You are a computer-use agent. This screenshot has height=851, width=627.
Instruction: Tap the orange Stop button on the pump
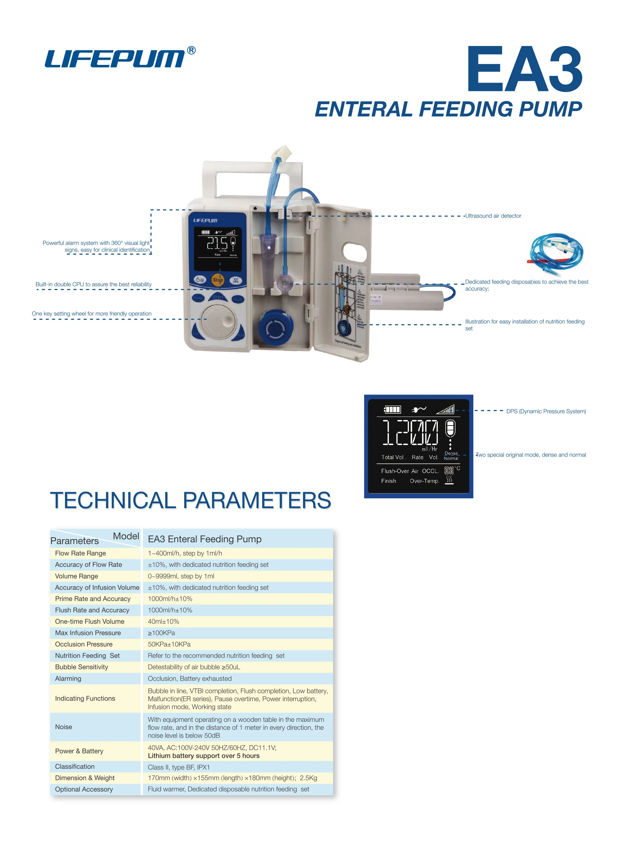(x=217, y=280)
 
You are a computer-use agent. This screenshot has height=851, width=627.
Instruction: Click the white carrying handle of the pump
(x=252, y=171)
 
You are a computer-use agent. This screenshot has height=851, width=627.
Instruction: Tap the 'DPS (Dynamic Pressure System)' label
(x=546, y=411)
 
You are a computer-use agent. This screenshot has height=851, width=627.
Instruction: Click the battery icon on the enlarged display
(x=392, y=409)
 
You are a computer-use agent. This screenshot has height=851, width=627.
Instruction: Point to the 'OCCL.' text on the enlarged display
(x=430, y=471)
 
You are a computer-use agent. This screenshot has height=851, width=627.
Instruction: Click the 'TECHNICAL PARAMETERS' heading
(x=191, y=500)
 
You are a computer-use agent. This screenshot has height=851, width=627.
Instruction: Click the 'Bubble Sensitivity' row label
(x=82, y=667)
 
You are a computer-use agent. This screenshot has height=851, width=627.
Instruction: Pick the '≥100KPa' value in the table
(x=161, y=633)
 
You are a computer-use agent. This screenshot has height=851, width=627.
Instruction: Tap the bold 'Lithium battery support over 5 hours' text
(x=204, y=756)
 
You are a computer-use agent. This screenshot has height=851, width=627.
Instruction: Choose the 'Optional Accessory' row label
(x=84, y=789)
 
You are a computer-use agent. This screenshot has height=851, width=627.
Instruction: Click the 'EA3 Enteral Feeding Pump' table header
(x=205, y=539)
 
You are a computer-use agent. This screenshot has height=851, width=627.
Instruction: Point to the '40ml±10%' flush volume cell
(x=163, y=621)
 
